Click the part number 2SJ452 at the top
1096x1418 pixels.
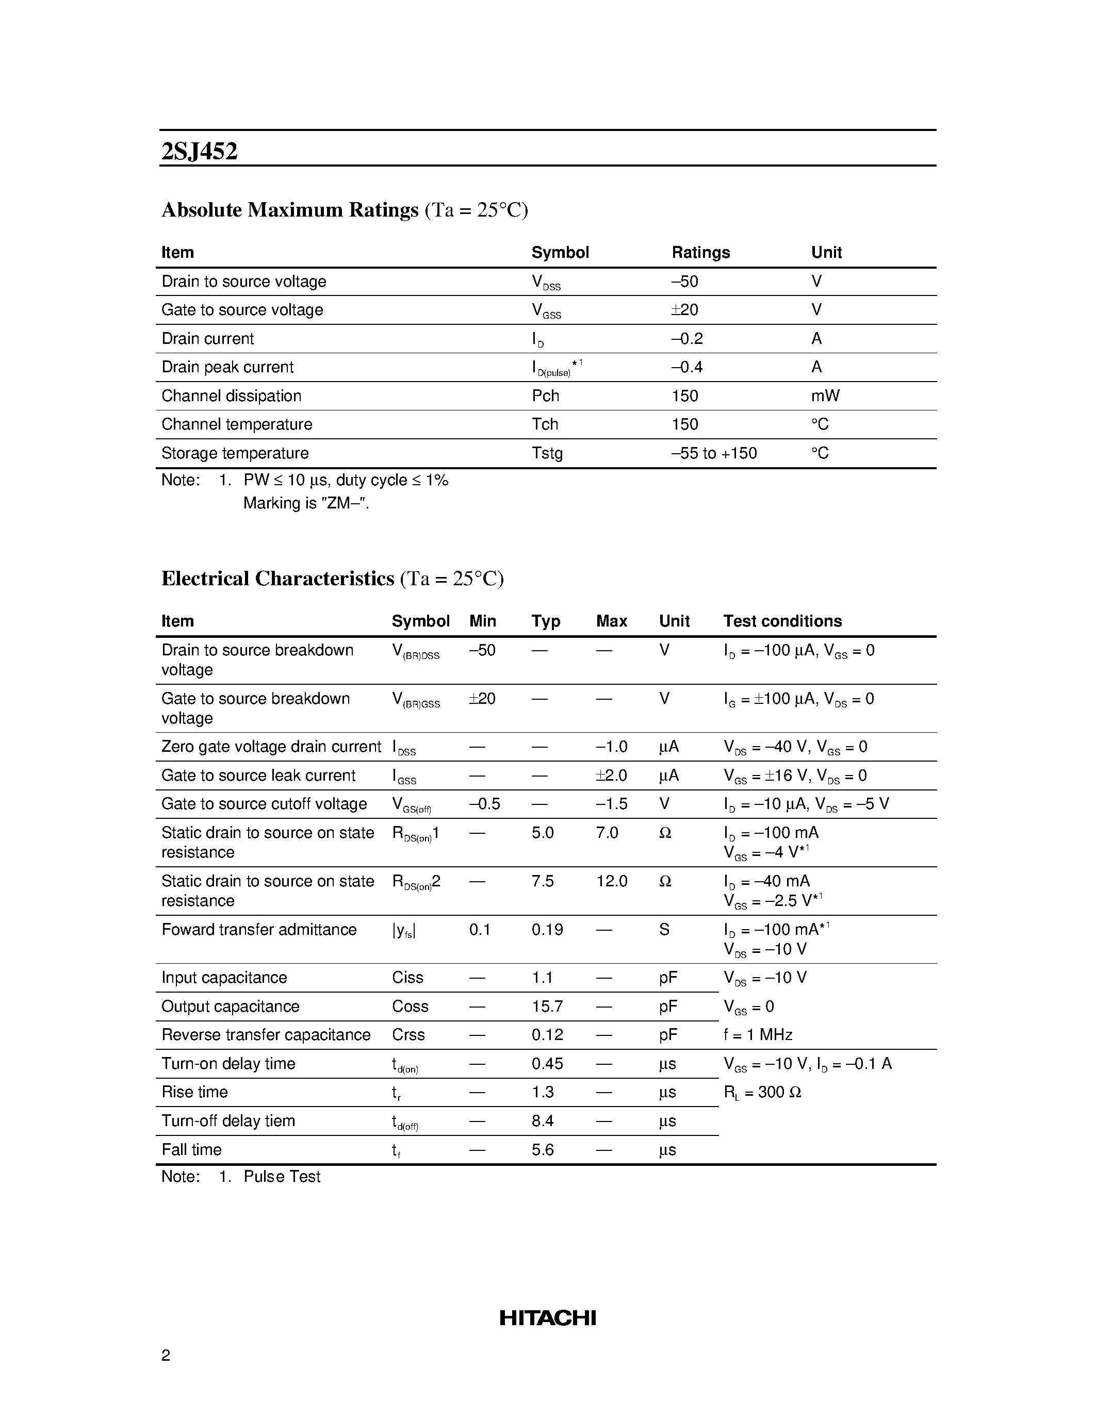(x=199, y=151)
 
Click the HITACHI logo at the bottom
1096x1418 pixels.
(x=547, y=1318)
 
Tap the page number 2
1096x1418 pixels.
(x=166, y=1355)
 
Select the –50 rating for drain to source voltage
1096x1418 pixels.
(x=684, y=281)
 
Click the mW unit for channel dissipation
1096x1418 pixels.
(x=825, y=395)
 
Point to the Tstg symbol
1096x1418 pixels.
(x=547, y=453)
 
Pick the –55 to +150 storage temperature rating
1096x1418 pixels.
(x=714, y=453)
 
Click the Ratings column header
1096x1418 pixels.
(x=700, y=252)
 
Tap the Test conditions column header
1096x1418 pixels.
(x=782, y=621)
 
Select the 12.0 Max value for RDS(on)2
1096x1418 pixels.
(x=611, y=881)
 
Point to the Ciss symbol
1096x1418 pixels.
(x=407, y=977)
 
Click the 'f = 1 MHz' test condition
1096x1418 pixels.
(x=757, y=1035)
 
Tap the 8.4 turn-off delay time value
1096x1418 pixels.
(x=542, y=1122)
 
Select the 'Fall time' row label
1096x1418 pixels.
(x=191, y=1150)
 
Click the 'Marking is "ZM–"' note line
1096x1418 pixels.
(x=306, y=503)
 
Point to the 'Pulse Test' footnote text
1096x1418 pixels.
(x=282, y=1177)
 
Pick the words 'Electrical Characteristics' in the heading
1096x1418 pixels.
(x=277, y=578)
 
